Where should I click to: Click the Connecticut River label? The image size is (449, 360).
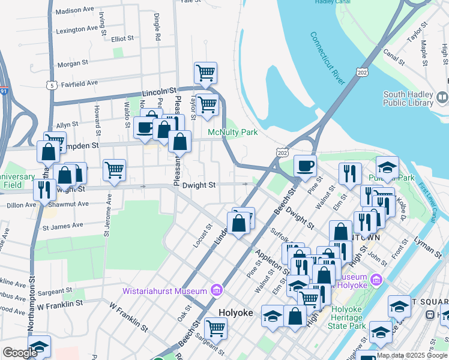327,58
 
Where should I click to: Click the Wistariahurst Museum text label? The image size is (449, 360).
165,292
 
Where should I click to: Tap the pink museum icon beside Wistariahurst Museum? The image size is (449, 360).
217,292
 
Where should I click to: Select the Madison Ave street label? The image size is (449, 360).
74,11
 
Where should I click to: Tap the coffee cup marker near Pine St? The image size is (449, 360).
305,166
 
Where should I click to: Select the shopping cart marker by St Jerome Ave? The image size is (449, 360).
114,170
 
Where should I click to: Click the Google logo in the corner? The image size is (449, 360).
19,353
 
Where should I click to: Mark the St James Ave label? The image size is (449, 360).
62,226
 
